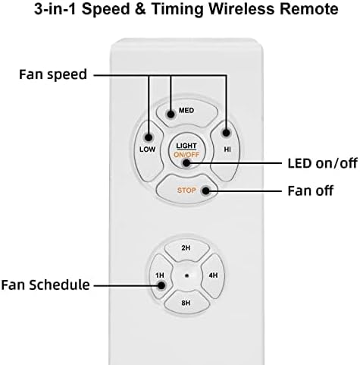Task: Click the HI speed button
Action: pos(227,144)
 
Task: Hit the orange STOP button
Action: pos(187,190)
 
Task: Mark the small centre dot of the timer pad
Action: pos(186,276)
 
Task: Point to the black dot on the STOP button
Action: pos(203,191)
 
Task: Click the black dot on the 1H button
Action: pos(161,285)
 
